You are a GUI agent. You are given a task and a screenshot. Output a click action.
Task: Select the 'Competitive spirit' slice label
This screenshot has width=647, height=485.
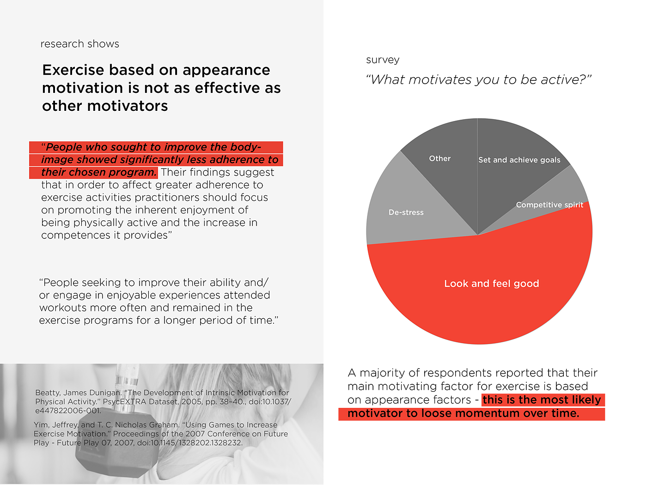[549, 205]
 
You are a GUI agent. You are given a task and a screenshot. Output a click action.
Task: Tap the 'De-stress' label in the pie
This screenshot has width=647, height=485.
[406, 212]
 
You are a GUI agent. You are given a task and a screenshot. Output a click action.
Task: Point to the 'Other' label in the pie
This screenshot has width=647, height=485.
[439, 158]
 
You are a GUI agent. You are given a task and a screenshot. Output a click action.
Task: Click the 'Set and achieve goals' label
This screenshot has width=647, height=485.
[519, 160]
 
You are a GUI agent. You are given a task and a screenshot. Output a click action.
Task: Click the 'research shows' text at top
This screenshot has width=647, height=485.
[80, 44]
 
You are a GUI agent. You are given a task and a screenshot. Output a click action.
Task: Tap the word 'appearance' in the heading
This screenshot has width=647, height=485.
[226, 70]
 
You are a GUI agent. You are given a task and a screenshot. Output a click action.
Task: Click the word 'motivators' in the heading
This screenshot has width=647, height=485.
[128, 106]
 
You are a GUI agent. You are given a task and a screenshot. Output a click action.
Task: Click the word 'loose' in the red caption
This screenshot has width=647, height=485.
[419, 413]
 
